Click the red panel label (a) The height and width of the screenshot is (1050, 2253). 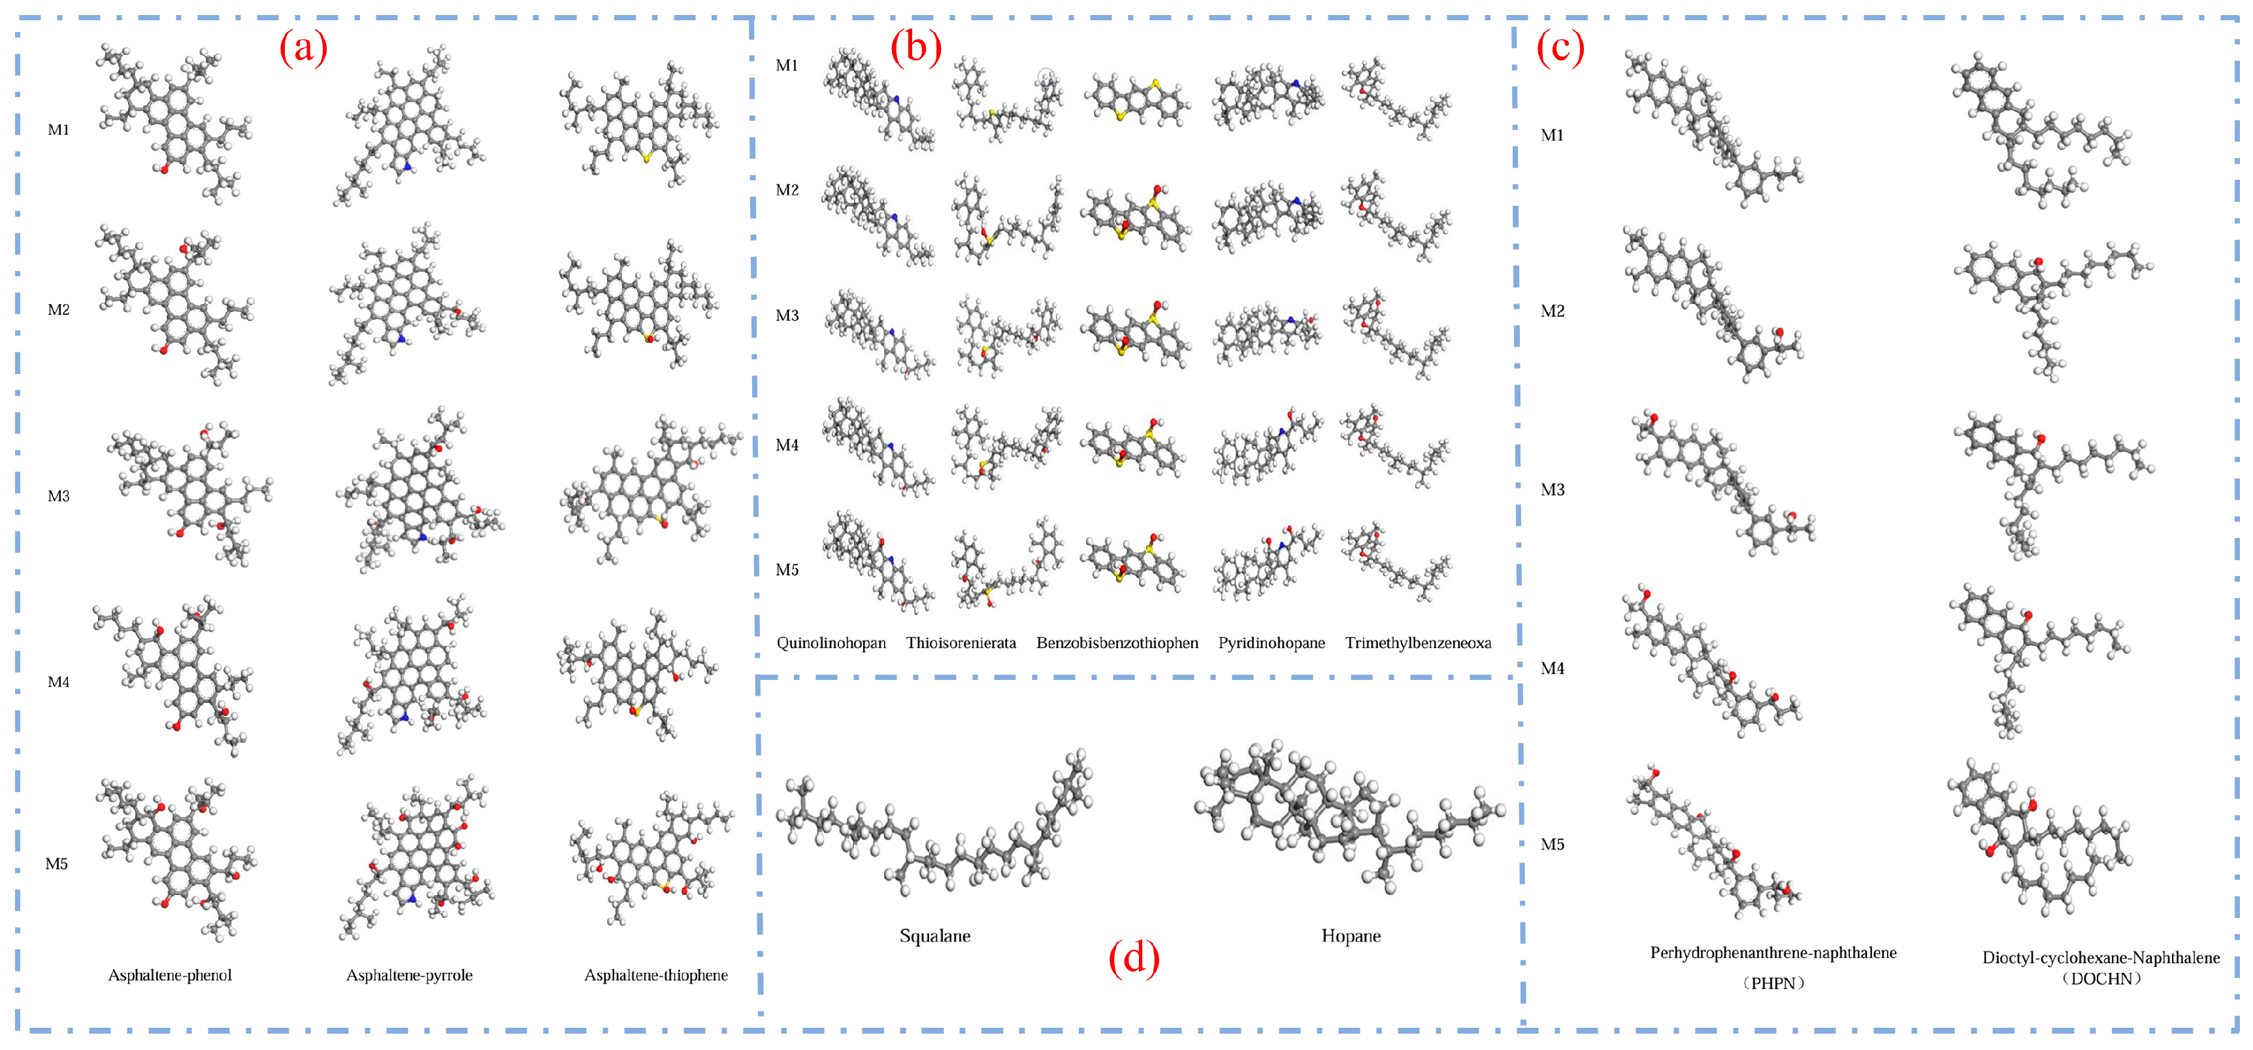pyautogui.click(x=303, y=47)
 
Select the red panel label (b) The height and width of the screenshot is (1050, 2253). pyautogui.click(x=915, y=47)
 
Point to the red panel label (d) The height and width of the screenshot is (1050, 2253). pyautogui.click(x=1134, y=958)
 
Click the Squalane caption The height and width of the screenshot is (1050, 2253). pyautogui.click(x=935, y=936)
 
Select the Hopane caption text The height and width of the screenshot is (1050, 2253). pyautogui.click(x=1351, y=936)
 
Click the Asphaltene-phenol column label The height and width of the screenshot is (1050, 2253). pyautogui.click(x=170, y=975)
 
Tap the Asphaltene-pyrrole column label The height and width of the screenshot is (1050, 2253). pyautogui.click(x=409, y=975)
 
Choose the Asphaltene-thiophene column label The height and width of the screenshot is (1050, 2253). pyautogui.click(x=656, y=975)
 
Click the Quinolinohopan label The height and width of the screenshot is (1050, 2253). pyautogui.click(x=831, y=643)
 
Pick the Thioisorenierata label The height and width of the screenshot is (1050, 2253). pyautogui.click(x=961, y=643)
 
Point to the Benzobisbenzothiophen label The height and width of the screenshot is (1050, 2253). pyautogui.click(x=1117, y=643)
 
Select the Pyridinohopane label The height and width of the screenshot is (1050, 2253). pyautogui.click(x=1272, y=643)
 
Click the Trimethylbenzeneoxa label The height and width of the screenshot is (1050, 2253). pyautogui.click(x=1418, y=643)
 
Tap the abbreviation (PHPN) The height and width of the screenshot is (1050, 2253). pyautogui.click(x=1773, y=983)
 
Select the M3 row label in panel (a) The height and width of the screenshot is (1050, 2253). pyautogui.click(x=59, y=496)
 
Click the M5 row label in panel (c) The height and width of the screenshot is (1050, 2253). pyautogui.click(x=1553, y=844)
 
